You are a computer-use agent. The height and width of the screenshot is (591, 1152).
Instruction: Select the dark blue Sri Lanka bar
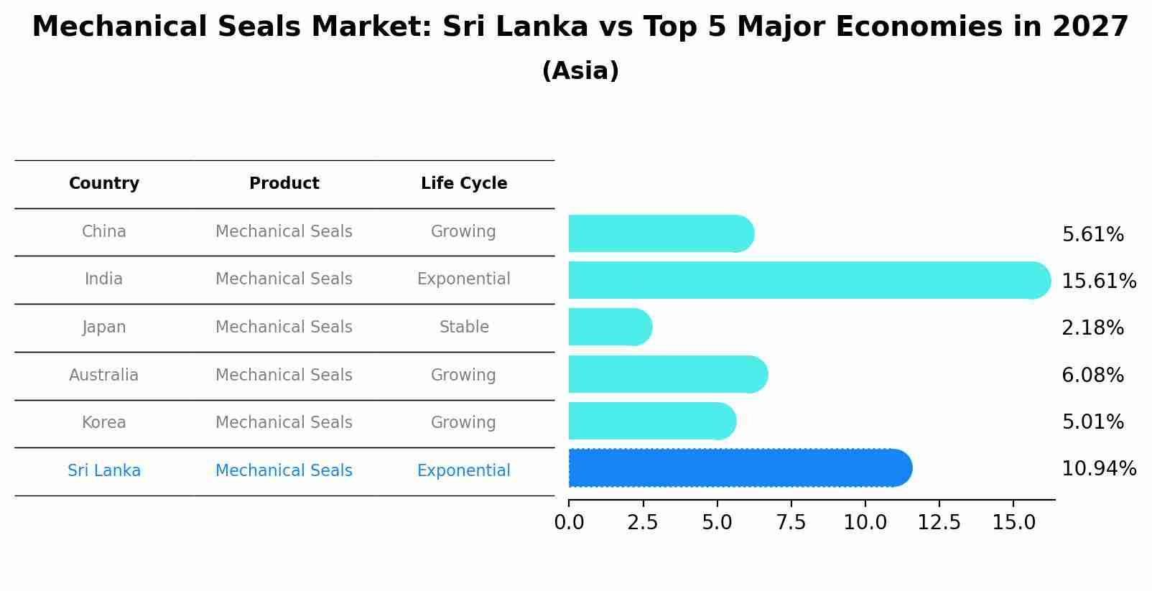[x=740, y=468]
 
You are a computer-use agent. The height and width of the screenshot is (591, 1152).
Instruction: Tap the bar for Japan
[x=610, y=327]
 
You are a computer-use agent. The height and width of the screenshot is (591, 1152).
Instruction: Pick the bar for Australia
[x=668, y=374]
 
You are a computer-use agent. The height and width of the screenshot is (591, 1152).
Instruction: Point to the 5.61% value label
[x=1092, y=235]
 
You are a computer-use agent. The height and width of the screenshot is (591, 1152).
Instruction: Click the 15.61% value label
[x=1098, y=281]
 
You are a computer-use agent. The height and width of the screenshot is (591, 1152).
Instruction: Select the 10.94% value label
[x=1098, y=469]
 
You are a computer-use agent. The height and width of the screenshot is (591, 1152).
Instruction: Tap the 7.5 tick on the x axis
[x=791, y=523]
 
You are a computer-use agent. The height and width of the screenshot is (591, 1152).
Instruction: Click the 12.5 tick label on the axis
[x=939, y=523]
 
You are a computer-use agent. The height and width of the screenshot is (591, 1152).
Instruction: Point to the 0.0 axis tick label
[x=569, y=523]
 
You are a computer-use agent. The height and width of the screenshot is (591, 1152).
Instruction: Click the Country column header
[x=104, y=184]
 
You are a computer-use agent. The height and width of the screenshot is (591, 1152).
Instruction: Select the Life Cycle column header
[x=464, y=184]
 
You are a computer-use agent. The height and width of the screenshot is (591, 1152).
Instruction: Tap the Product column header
[x=284, y=184]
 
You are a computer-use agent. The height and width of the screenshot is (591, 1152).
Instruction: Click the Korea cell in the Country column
[x=104, y=422]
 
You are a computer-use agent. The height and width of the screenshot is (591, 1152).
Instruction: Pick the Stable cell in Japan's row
[x=464, y=327]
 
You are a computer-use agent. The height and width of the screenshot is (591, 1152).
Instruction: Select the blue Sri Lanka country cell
[x=104, y=470]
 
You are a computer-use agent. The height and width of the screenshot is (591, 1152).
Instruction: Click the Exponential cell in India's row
[x=464, y=279]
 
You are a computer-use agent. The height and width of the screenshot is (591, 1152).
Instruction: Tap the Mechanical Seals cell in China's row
[x=284, y=231]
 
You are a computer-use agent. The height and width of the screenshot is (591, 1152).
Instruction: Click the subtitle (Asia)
[x=580, y=71]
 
